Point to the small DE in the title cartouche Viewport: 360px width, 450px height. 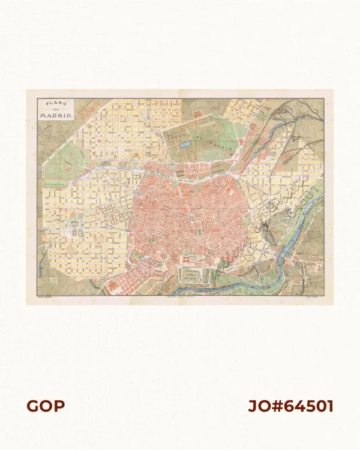click(56, 108)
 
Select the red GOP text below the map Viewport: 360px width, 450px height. click(45, 406)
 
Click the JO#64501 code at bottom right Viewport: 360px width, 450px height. click(290, 406)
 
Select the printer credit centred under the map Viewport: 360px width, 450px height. click(180, 296)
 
